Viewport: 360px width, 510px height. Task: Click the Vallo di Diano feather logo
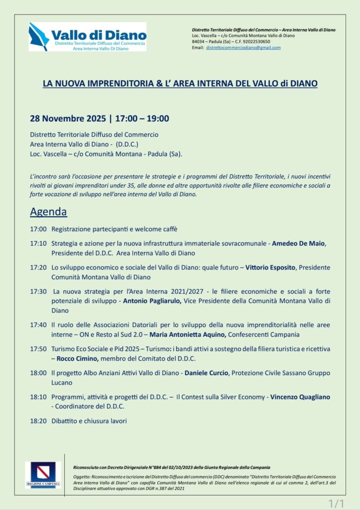pos(39,36)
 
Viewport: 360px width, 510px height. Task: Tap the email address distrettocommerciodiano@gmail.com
pos(243,48)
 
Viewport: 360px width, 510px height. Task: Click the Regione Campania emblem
pos(43,474)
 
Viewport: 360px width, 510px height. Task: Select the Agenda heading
pos(48,212)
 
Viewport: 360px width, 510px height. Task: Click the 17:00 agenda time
pos(38,229)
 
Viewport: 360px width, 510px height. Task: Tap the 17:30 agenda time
pos(38,291)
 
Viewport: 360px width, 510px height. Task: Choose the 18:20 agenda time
pos(38,421)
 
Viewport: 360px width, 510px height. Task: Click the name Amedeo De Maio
pos(298,243)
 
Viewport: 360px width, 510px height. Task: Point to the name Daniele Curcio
pos(206,373)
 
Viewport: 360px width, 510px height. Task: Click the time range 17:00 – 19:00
pos(142,119)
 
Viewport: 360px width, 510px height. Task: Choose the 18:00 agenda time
pos(38,373)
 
